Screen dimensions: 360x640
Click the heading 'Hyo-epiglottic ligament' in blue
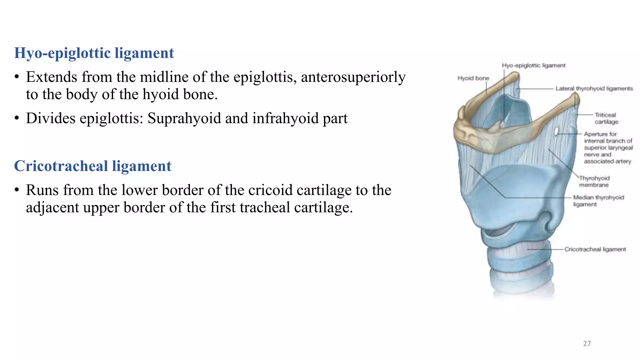pos(94,53)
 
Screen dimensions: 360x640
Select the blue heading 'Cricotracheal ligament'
pos(92,166)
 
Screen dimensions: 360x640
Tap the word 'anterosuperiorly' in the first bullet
pos(353,77)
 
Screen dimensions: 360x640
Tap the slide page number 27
pos(587,343)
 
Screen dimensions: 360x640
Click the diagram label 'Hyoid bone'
pos(473,78)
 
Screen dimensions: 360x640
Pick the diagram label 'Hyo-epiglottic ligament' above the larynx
pos(533,65)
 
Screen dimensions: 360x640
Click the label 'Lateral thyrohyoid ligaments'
pos(594,89)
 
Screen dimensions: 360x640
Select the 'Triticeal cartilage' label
pos(606,118)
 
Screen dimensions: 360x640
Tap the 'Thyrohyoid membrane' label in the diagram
pos(594,182)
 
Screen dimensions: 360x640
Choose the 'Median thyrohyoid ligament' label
pos(598,201)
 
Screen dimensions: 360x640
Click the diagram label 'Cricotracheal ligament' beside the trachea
pos(595,249)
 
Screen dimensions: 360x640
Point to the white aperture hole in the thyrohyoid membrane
pos(557,132)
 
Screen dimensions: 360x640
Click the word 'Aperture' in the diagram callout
pos(595,134)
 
